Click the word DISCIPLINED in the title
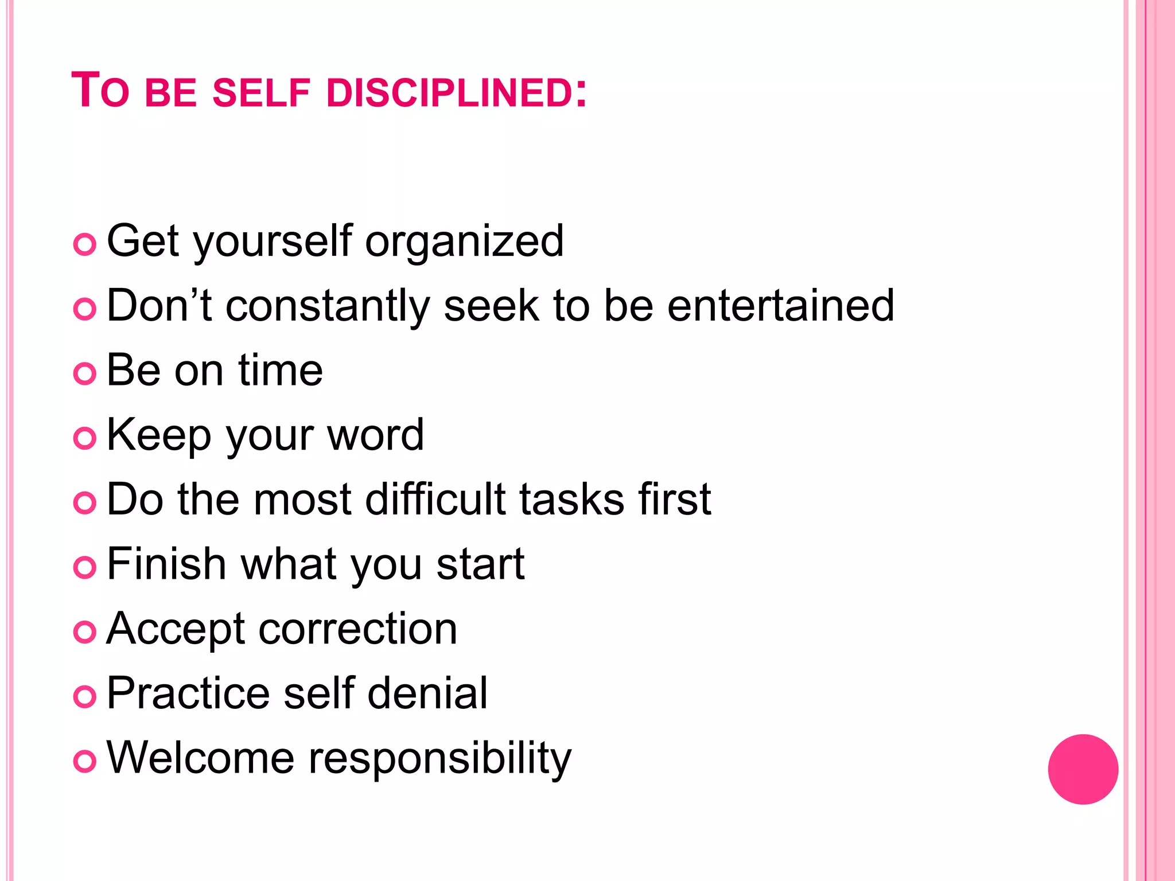[x=449, y=93]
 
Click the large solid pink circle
[x=1083, y=769]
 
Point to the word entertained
[x=781, y=305]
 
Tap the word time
[x=281, y=370]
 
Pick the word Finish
[x=166, y=564]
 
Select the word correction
[x=358, y=629]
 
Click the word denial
[x=427, y=693]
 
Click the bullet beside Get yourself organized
[x=85, y=245]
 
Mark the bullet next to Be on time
[x=85, y=374]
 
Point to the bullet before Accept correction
[x=85, y=632]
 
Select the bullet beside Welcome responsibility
[x=85, y=761]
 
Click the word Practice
[x=188, y=693]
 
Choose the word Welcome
[x=200, y=758]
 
